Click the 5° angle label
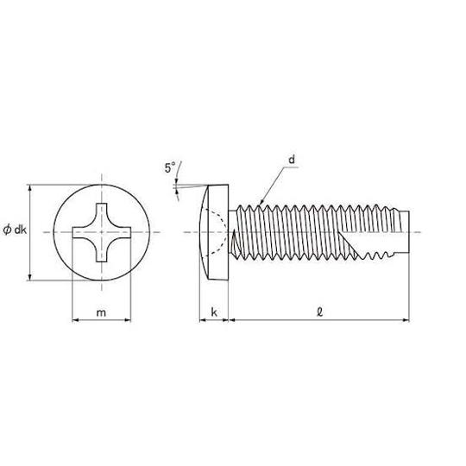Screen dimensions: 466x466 tap(170, 167)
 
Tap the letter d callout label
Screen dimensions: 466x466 tap(292, 160)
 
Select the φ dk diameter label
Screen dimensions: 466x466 tap(15, 230)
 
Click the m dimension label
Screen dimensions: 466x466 tap(101, 312)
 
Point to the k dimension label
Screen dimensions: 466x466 tap(214, 312)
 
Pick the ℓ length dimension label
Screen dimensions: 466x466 tap(320, 312)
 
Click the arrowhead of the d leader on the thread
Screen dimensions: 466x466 tap(261, 203)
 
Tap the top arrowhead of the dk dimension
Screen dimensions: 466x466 tap(29, 188)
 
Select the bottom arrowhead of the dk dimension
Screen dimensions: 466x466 tap(29, 277)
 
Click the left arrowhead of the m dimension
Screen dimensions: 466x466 tap(76, 320)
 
